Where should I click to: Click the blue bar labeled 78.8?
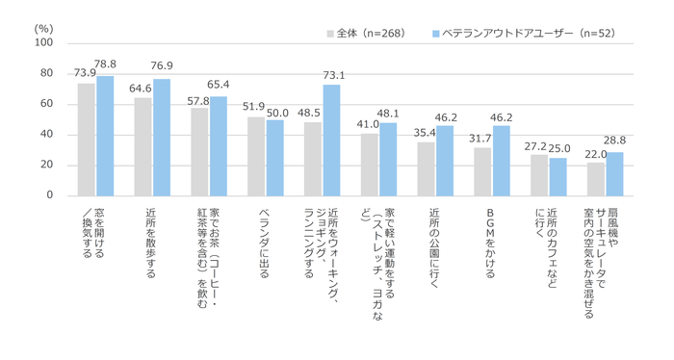tap(105, 136)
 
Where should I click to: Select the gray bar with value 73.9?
tap(87, 140)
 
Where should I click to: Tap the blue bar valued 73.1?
tap(331, 141)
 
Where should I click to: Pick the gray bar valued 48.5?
tap(313, 159)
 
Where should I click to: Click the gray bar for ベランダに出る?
tap(256, 156)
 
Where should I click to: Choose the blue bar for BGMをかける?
tap(502, 161)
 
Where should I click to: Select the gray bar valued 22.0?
tap(596, 179)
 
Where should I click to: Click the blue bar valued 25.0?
tap(558, 176)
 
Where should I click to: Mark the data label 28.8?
tap(615, 141)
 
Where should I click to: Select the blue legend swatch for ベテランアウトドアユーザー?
tap(435, 33)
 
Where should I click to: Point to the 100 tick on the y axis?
tap(44, 43)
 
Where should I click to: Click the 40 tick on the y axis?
tap(47, 135)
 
